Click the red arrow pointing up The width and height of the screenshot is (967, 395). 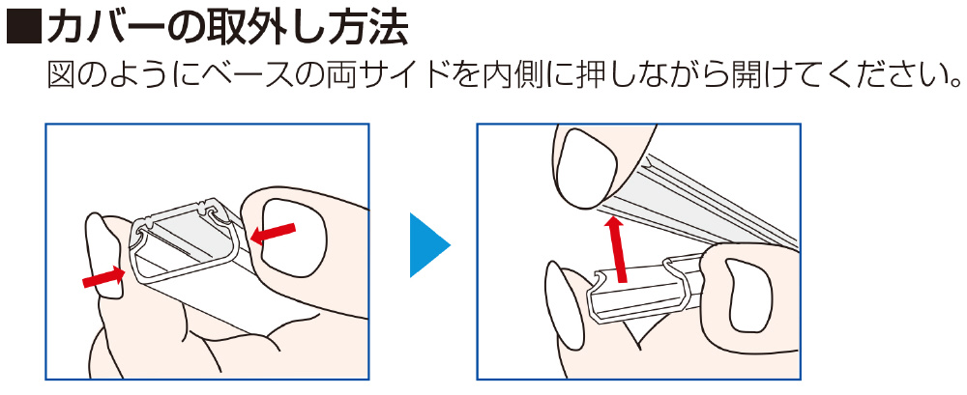click(x=617, y=249)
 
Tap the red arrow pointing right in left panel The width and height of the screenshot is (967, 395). click(x=104, y=278)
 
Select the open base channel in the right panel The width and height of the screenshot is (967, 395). click(x=641, y=291)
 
